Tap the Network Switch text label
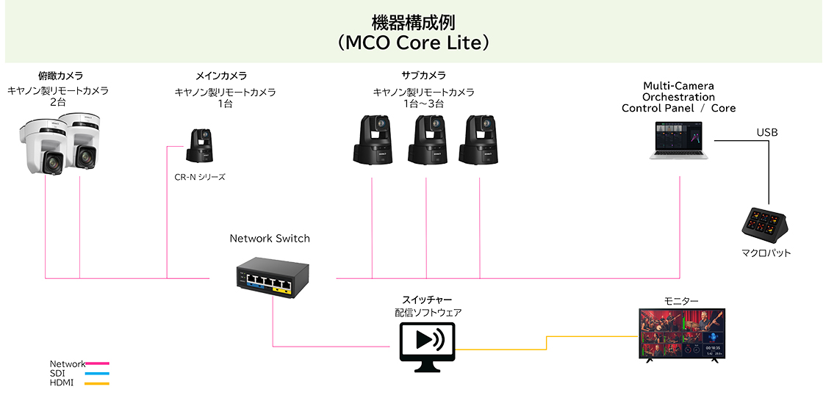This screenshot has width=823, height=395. tap(270, 239)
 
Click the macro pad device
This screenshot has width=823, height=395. tap(766, 225)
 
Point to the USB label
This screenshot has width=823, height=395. tap(767, 133)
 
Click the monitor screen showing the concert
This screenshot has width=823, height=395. tap(682, 333)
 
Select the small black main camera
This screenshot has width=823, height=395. tap(199, 146)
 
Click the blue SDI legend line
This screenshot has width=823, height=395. tap(98, 374)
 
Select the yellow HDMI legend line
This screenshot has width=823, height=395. tap(98, 383)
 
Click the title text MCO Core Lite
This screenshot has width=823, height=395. tap(412, 43)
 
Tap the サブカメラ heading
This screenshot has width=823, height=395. tap(423, 76)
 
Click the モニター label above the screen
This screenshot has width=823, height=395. tap(681, 301)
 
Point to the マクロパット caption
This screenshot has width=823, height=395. tap(766, 253)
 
